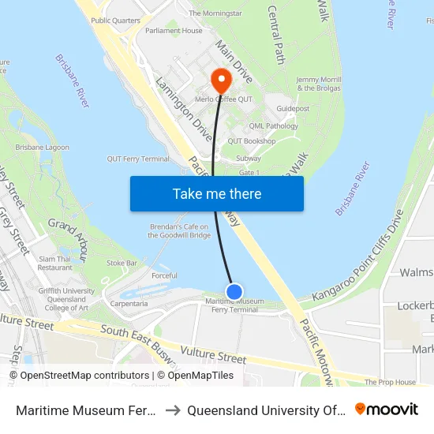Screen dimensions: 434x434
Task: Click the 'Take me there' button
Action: tap(217, 193)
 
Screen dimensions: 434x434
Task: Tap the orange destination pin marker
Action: tap(221, 79)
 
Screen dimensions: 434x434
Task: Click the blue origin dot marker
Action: tap(234, 292)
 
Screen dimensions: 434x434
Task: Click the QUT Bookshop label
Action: tap(252, 141)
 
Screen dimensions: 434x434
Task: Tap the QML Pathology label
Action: tap(273, 126)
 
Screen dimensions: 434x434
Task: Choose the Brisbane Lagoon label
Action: tap(42, 148)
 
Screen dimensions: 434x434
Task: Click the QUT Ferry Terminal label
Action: tap(138, 159)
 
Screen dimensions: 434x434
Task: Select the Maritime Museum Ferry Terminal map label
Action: tap(234, 305)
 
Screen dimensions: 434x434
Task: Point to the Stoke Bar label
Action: tap(122, 262)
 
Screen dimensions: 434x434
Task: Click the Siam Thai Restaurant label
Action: tap(54, 263)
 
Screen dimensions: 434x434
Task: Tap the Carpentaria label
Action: tap(129, 303)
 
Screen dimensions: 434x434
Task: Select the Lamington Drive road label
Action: tap(183, 109)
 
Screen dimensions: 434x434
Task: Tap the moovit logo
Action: tap(387, 409)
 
